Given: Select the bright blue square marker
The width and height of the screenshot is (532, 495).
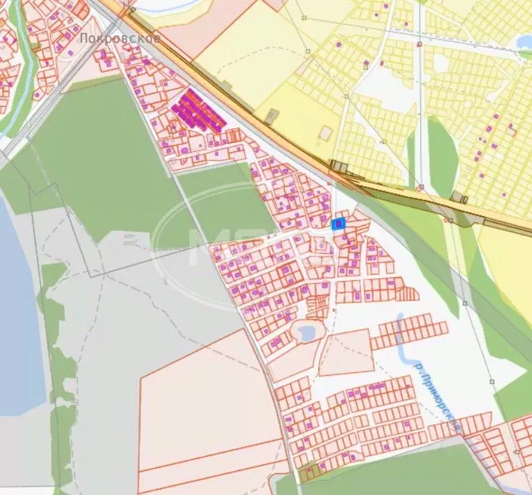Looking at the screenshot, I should [338, 223].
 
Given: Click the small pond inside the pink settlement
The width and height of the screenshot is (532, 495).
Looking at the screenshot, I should [306, 332].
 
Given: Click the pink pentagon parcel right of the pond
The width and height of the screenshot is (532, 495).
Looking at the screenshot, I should [347, 351].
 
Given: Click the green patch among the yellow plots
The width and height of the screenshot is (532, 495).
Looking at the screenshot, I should [442, 157].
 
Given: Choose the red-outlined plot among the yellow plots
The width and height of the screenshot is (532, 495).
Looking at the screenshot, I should [512, 130].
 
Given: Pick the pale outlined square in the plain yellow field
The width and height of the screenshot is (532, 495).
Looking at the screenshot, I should [326, 132].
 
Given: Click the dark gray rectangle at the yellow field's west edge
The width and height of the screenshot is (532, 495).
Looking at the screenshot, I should [272, 116].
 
